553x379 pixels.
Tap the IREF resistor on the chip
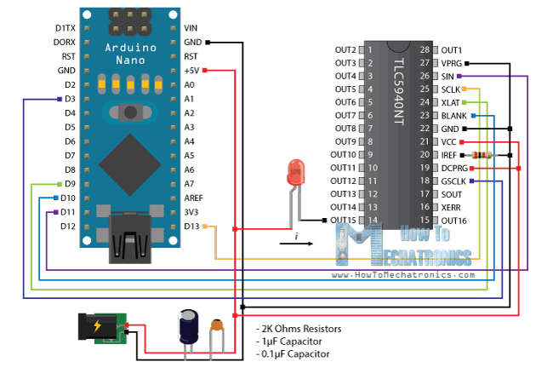coord(482,155)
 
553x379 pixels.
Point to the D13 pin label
coord(191,227)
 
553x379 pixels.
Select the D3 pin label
coord(71,99)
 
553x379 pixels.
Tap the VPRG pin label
coord(452,63)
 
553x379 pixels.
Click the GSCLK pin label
coord(454,181)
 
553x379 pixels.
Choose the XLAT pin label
coord(451,102)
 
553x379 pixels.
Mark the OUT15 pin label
coord(344,221)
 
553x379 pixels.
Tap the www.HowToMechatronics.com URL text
coord(403,275)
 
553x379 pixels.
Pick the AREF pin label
coord(191,198)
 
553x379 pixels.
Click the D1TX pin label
coord(66,28)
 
